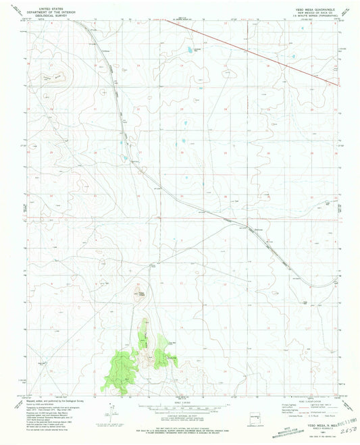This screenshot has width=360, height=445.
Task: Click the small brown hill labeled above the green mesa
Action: pos(142,294)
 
